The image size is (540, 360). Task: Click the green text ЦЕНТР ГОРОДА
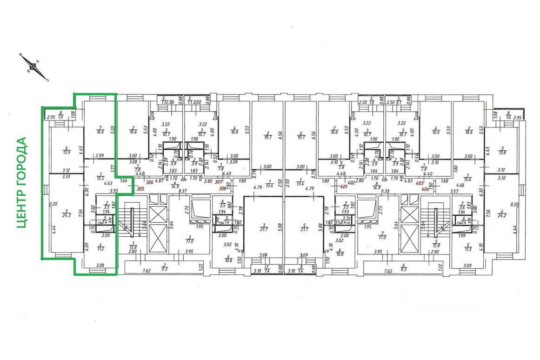point(21,182)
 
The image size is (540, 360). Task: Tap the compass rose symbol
point(33,67)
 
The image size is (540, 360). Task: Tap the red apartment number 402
point(352,183)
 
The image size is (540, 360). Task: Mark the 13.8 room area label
point(501,153)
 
